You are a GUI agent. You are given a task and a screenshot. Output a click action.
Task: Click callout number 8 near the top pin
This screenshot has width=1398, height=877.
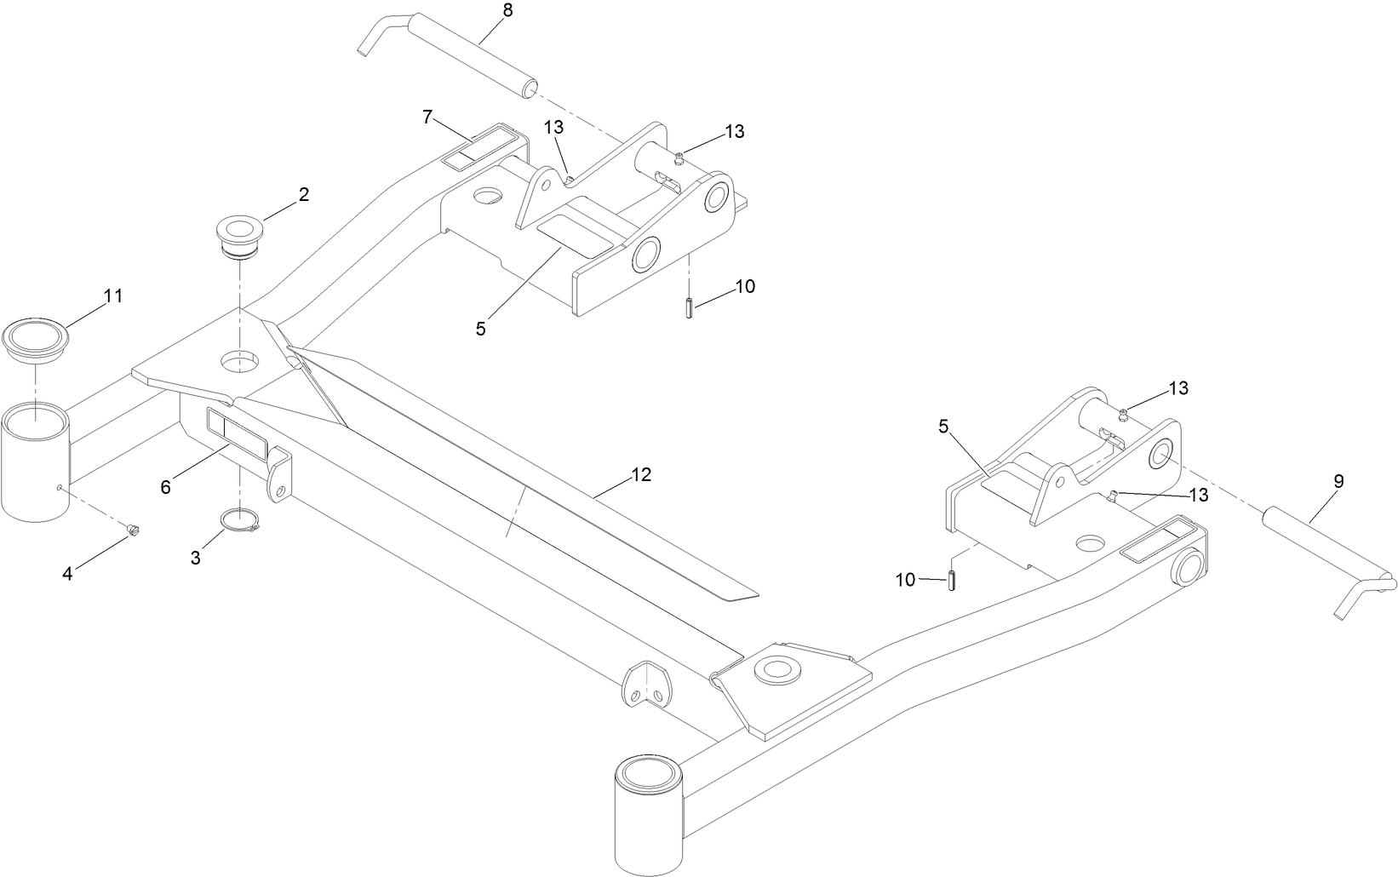(x=508, y=11)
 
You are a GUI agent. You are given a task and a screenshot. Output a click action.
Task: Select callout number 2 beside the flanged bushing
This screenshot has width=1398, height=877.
(x=303, y=194)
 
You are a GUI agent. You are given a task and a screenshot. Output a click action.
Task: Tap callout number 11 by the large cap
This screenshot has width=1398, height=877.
(x=113, y=296)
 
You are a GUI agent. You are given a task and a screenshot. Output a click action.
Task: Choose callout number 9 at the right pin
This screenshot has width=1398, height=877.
(x=1338, y=481)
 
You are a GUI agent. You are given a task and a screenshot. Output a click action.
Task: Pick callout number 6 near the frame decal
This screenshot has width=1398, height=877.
(x=166, y=487)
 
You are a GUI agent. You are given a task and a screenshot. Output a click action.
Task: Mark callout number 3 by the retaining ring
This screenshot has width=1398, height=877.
(x=196, y=559)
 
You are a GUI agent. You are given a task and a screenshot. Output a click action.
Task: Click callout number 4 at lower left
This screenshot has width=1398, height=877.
(x=68, y=573)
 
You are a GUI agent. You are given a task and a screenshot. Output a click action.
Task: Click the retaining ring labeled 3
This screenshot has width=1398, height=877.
(x=240, y=521)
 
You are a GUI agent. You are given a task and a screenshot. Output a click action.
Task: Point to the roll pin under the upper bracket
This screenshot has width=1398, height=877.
(x=687, y=306)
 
